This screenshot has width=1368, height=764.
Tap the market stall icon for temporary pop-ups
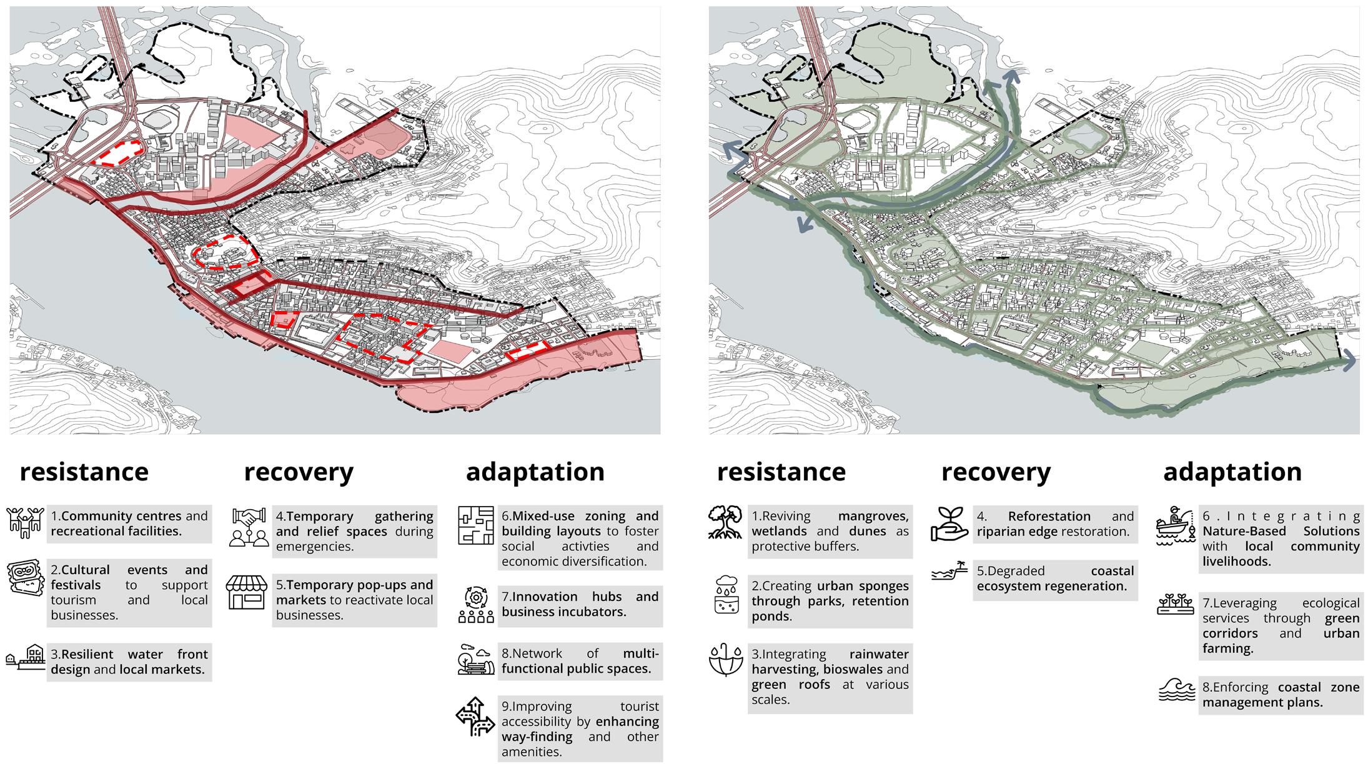[x=246, y=592]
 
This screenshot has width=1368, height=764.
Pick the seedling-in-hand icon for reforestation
[x=949, y=523]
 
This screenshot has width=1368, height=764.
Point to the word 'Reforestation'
[x=1049, y=517]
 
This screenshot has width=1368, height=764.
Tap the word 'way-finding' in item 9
[x=528, y=737]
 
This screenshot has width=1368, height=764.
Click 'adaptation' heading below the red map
[x=535, y=472]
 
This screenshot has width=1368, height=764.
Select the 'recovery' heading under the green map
[x=996, y=472]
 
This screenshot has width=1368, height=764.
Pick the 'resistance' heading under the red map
[x=84, y=472]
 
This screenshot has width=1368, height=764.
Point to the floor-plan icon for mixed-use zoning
[x=475, y=525]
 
